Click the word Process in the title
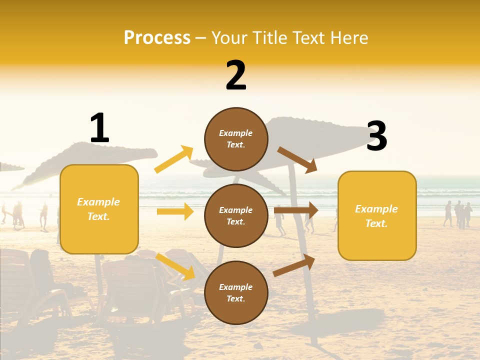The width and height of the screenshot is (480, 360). click(157, 38)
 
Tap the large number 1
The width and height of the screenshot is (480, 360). click(99, 128)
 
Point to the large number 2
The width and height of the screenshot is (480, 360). click(236, 75)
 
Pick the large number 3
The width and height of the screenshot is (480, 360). click(376, 136)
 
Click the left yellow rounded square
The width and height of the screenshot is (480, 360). click(99, 209)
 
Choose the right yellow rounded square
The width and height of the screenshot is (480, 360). click(377, 215)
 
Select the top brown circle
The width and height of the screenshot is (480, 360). click(236, 139)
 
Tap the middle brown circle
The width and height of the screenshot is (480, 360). click(236, 215)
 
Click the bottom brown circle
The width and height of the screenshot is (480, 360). click(236, 292)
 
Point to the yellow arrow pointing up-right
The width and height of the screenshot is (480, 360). click(174, 159)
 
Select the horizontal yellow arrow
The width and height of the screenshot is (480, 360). click(175, 211)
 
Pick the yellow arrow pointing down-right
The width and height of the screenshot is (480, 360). click(175, 266)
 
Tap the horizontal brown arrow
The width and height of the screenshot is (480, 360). click(296, 210)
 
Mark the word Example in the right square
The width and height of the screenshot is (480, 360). click(376, 209)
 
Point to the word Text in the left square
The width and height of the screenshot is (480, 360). click(98, 216)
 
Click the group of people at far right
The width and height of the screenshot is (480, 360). click(458, 214)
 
